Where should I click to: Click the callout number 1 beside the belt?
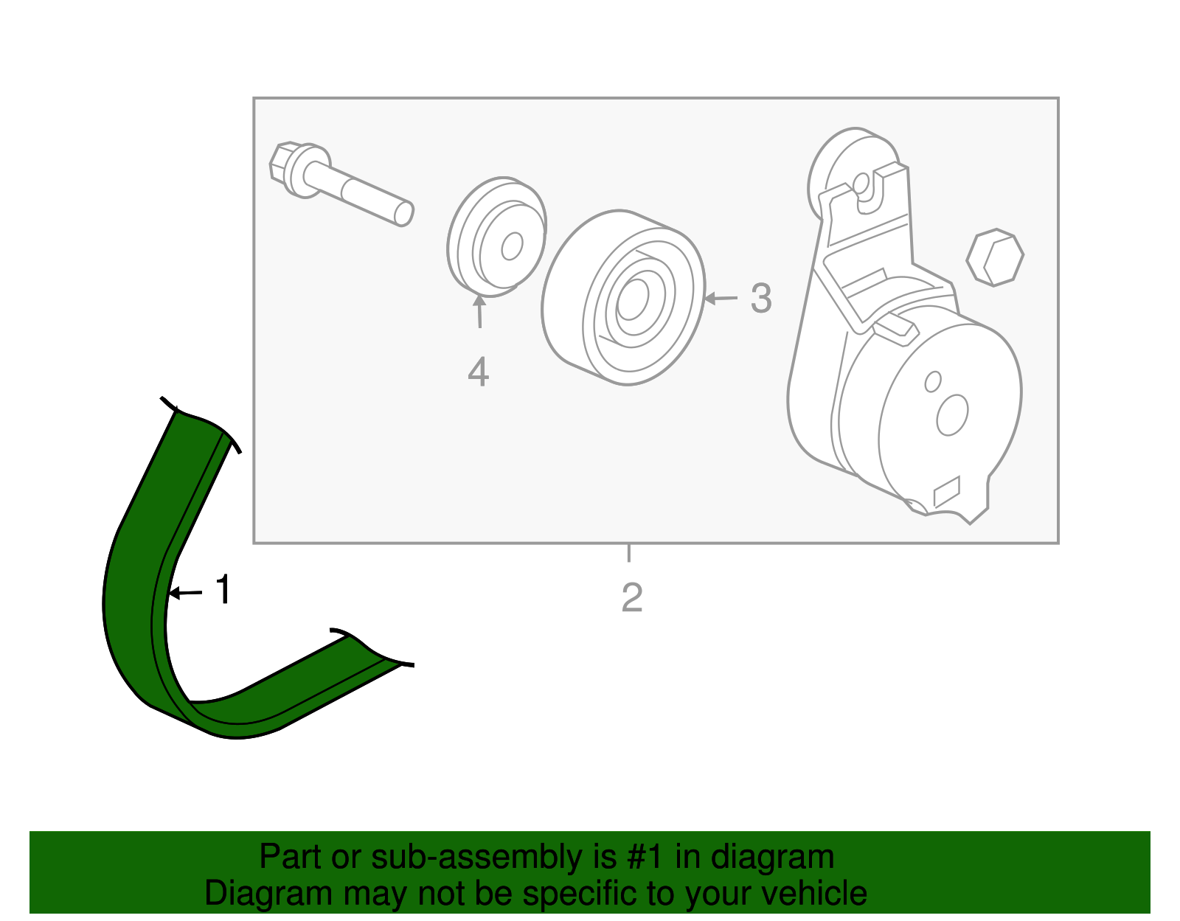pos(223,591)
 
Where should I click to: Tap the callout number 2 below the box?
pos(632,598)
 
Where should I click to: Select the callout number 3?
pos(761,299)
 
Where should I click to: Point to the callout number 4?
pos(478,372)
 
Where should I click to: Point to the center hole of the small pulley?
pos(512,246)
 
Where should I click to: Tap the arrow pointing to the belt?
pos(184,592)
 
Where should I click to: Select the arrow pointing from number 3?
pos(721,299)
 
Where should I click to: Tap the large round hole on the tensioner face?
pos(951,414)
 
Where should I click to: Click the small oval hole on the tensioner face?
pos(932,381)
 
